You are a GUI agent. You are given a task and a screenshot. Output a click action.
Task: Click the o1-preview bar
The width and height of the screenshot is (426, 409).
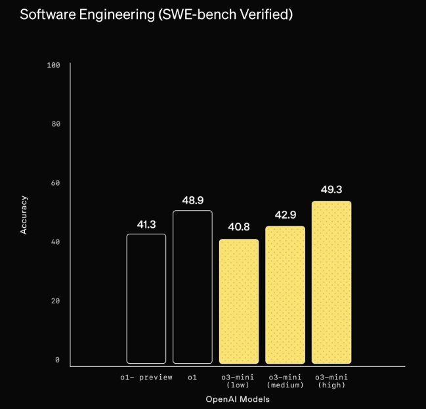(x=146, y=299)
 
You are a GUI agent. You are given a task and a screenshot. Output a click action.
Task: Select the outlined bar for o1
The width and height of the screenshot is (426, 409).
(x=192, y=287)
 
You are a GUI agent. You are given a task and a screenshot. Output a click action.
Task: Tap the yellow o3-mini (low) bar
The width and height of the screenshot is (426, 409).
(x=239, y=301)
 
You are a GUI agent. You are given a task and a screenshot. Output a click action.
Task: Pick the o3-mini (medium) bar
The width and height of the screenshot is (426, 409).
(x=285, y=295)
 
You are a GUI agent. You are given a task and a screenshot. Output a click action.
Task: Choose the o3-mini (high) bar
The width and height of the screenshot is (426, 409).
(x=331, y=282)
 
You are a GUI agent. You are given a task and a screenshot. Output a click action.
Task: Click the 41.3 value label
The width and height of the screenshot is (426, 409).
(x=146, y=225)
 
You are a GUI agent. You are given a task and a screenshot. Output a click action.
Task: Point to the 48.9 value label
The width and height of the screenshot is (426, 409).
(x=192, y=201)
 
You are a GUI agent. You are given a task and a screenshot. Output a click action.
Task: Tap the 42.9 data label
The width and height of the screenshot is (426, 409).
(x=285, y=216)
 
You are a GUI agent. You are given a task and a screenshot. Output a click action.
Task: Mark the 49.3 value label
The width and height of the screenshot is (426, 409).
(x=331, y=190)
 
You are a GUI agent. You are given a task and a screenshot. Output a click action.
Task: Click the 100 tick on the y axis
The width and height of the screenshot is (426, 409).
(x=54, y=65)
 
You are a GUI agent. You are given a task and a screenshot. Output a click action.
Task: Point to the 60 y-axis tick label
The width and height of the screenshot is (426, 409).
(x=56, y=183)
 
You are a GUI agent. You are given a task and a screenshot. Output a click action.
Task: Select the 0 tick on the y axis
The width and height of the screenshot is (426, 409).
(x=58, y=360)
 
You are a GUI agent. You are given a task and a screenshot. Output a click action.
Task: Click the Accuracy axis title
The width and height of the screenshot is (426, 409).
(x=24, y=214)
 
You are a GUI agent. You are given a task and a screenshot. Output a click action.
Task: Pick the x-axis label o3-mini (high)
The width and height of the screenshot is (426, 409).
(x=331, y=381)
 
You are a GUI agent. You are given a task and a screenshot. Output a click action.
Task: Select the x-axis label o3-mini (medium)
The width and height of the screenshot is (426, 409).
(x=284, y=381)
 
